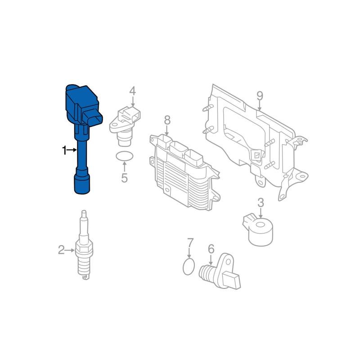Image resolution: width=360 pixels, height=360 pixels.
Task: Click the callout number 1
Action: pyautogui.click(x=64, y=150)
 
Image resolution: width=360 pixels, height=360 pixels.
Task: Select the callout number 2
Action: pyautogui.click(x=61, y=250)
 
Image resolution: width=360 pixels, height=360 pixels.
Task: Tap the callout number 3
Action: pyautogui.click(x=261, y=203)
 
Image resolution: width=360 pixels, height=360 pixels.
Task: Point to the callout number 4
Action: pyautogui.click(x=132, y=91)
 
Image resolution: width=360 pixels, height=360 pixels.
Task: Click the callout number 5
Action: pyautogui.click(x=124, y=178)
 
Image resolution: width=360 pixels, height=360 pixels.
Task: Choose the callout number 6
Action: pyautogui.click(x=211, y=249)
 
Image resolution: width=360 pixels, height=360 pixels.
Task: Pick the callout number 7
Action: pyautogui.click(x=190, y=243)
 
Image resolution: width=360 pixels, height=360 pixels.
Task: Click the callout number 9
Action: pyautogui.click(x=260, y=96)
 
